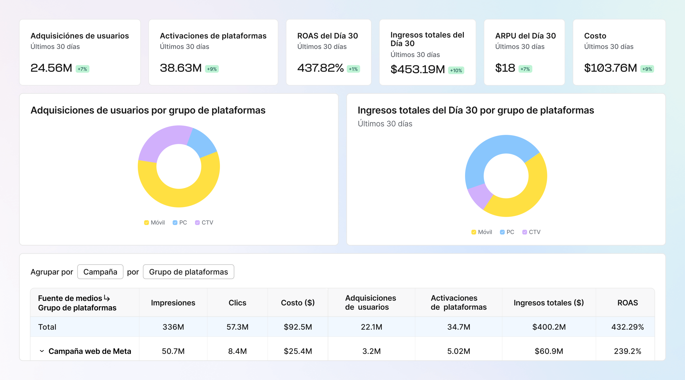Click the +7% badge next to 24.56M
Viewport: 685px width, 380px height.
tap(82, 69)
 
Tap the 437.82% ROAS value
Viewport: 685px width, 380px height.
tap(320, 68)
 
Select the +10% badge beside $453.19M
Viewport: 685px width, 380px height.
tap(456, 71)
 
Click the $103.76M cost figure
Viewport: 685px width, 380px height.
tap(610, 68)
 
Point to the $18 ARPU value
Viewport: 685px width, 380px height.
tap(505, 68)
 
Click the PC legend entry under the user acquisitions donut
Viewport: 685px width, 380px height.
tap(180, 223)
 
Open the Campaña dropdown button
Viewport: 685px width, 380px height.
tap(100, 272)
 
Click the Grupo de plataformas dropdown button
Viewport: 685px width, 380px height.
tap(188, 272)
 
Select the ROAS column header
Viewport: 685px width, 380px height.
tap(627, 303)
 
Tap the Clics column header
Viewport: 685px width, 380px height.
tap(237, 303)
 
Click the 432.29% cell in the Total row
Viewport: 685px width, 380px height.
tap(627, 327)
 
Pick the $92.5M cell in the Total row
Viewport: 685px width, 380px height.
tap(298, 327)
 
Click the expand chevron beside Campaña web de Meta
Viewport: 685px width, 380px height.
tap(42, 351)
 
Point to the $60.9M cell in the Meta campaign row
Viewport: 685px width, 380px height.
tap(549, 351)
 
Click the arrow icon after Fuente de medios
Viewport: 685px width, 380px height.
tap(107, 298)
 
